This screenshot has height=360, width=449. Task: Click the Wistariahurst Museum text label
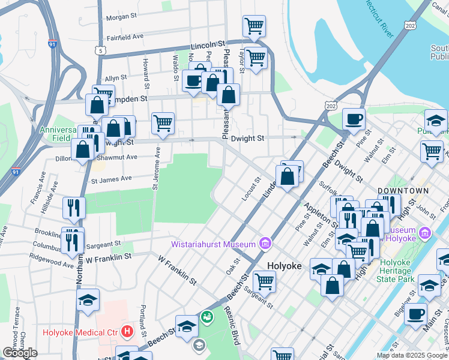point(213,244)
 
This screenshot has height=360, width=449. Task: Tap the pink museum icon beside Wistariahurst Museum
point(264,243)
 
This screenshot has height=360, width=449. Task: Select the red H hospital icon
point(127,331)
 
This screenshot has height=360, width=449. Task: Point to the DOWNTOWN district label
point(403,191)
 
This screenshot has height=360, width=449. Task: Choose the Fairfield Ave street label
point(125,37)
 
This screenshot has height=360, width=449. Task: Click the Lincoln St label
point(208,45)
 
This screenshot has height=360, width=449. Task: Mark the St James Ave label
point(110,179)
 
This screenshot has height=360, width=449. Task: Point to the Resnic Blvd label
point(232,328)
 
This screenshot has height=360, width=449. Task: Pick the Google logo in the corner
point(20,353)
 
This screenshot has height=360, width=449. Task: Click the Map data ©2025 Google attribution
point(411,355)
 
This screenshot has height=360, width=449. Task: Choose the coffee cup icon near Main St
point(415,314)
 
